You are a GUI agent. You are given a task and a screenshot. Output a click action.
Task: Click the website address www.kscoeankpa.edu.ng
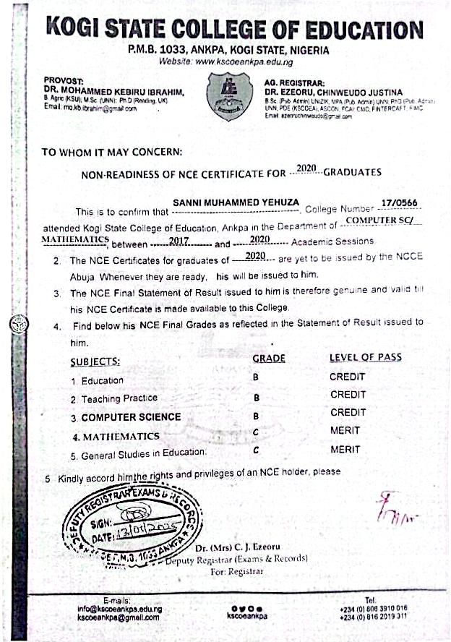pyautogui.click(x=246, y=62)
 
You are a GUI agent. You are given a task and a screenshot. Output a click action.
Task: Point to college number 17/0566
pyautogui.click(x=399, y=203)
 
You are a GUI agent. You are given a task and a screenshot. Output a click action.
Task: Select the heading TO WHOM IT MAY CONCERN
pyautogui.click(x=112, y=153)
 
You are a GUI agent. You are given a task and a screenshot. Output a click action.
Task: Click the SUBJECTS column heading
pyautogui.click(x=95, y=361)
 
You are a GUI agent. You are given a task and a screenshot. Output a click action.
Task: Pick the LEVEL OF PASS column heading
pyautogui.click(x=365, y=358)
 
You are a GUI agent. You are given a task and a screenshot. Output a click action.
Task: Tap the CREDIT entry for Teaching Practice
pyautogui.click(x=348, y=395)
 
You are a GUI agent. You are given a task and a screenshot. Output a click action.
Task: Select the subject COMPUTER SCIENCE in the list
pyautogui.click(x=131, y=417)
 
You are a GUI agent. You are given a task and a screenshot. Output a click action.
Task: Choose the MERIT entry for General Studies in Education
pyautogui.click(x=345, y=450)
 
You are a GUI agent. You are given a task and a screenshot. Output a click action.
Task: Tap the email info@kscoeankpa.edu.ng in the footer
pyautogui.click(x=120, y=609)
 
